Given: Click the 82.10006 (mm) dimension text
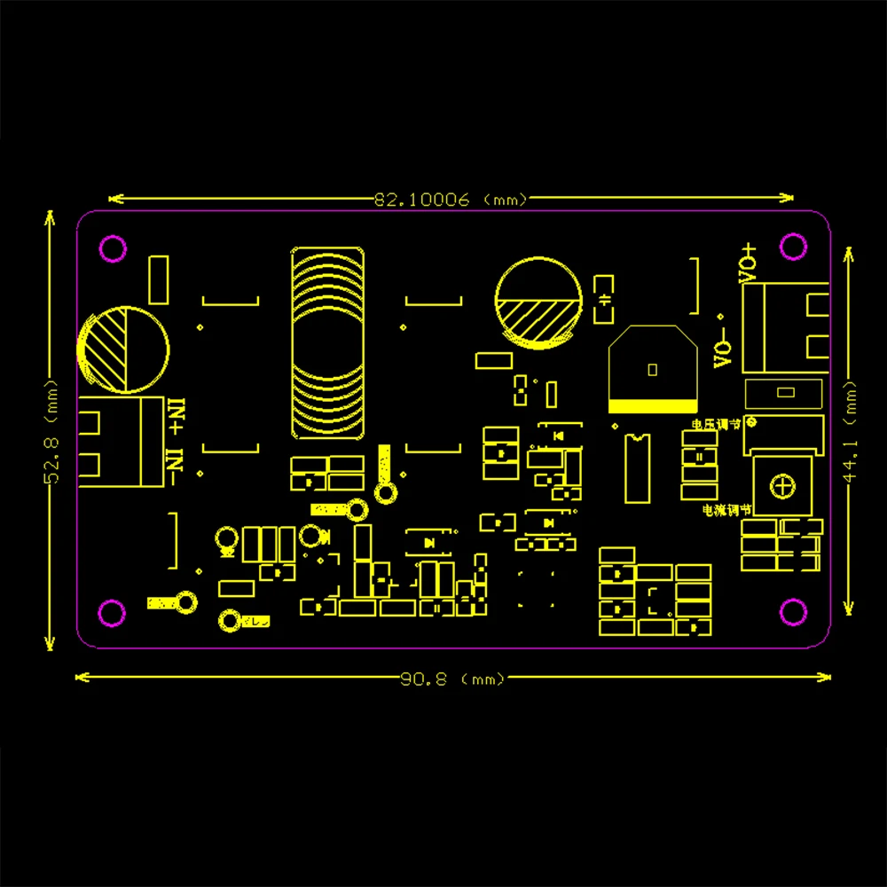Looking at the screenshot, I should (x=451, y=200).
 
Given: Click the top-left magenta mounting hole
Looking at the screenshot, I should (x=113, y=248).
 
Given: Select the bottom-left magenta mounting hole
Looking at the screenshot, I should (x=112, y=612).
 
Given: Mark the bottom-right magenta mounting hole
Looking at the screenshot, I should (x=791, y=611).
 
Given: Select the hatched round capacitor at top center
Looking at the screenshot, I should (x=538, y=302).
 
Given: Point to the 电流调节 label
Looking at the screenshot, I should (x=726, y=510).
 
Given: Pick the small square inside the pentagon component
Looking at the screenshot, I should (x=652, y=368).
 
